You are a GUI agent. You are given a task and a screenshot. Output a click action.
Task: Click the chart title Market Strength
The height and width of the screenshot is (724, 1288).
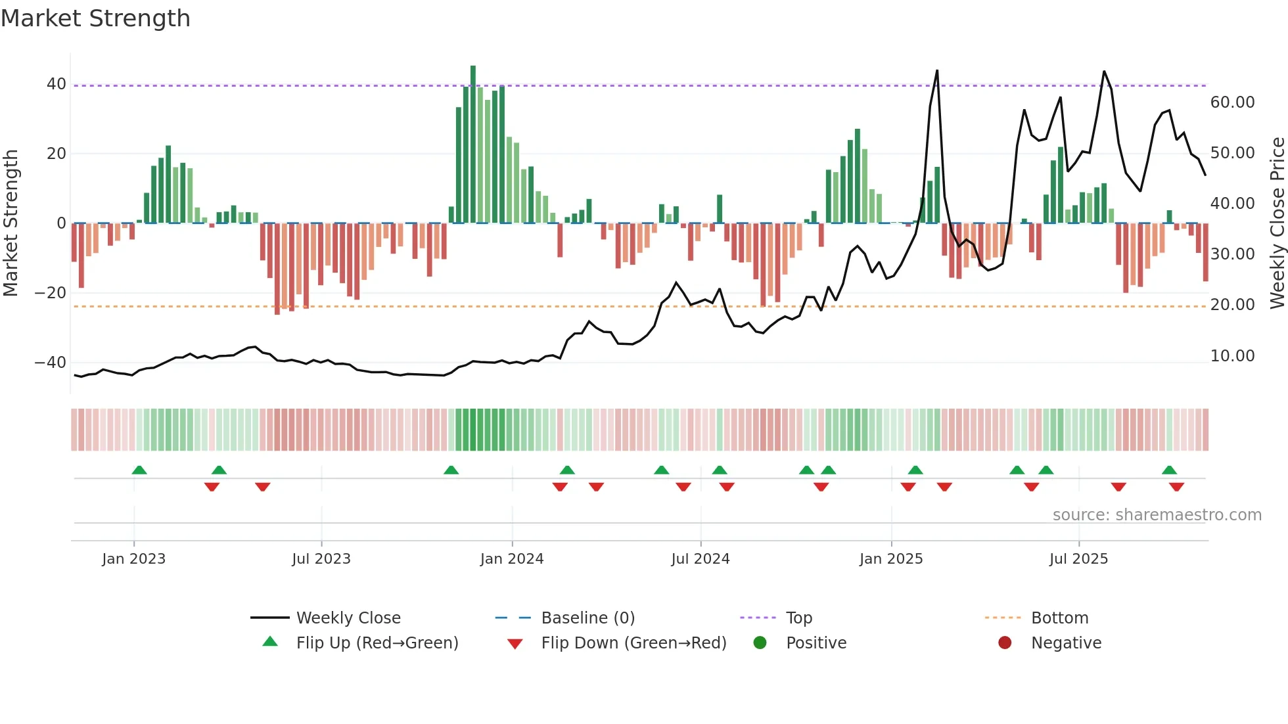tap(95, 18)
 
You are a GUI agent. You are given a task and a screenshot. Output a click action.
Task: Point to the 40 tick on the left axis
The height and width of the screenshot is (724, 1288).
tap(56, 84)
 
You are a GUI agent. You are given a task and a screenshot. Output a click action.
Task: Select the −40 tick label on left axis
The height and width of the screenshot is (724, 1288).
tap(51, 363)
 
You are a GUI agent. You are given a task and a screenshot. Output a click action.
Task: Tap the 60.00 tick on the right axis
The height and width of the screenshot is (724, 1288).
tap(1232, 102)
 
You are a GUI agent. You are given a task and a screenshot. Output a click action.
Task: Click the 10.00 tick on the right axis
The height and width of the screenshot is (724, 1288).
tap(1232, 356)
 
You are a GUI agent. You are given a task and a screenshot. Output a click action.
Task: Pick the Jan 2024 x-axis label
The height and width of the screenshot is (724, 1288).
tap(512, 559)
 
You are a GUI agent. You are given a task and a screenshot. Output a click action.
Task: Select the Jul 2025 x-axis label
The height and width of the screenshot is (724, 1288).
tap(1078, 559)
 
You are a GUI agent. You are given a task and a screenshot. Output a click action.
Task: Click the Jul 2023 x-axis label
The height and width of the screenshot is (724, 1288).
tap(321, 559)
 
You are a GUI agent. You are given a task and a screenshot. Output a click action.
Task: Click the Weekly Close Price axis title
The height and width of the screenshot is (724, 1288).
tap(1277, 223)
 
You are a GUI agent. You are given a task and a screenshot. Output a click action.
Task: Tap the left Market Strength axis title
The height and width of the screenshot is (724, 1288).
tap(11, 223)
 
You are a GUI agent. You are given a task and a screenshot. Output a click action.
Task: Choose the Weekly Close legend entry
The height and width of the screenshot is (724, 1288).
tap(348, 618)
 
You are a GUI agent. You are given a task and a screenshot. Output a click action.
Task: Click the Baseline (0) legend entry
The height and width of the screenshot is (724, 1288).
tap(587, 618)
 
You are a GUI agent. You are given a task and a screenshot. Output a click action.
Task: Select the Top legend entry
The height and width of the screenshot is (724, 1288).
tap(798, 618)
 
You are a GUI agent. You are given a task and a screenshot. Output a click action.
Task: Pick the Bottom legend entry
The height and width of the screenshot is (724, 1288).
tap(1059, 618)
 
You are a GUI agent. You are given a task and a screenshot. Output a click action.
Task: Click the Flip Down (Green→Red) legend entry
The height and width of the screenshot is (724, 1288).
tap(633, 643)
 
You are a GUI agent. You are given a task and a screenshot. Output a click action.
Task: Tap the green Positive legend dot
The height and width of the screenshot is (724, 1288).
tap(760, 643)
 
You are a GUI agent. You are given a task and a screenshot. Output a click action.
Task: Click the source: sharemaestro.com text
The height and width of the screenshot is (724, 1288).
tap(1157, 515)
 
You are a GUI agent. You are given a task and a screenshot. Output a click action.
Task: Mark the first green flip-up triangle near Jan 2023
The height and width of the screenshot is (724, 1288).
tap(139, 470)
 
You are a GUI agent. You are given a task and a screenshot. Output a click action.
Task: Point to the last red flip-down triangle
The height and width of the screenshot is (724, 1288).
tap(1176, 487)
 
